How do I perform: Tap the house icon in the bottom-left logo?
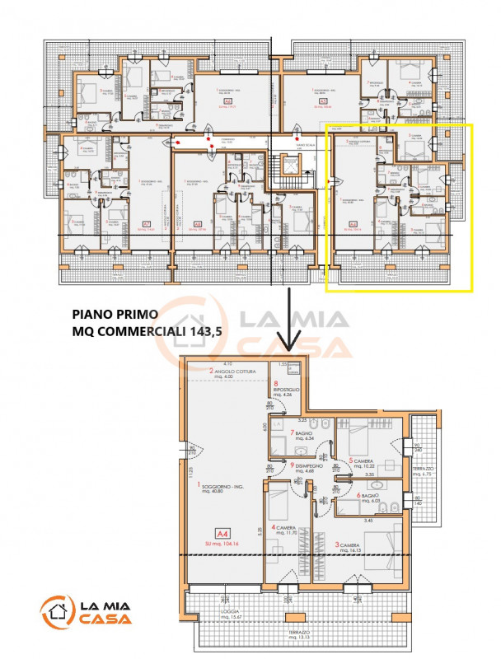coord(57,611)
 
